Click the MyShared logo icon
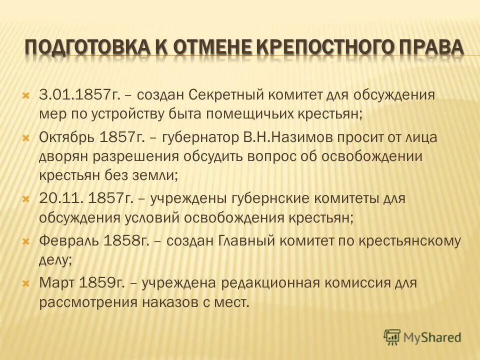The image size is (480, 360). point(392,336)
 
